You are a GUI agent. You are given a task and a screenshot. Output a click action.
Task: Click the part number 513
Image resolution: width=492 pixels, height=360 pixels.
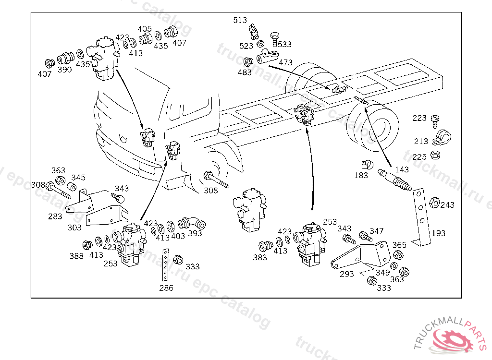240,20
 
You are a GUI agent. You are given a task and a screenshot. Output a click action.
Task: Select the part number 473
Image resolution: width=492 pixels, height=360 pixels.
285,62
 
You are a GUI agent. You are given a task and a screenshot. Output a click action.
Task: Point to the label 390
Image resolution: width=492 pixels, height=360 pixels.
64,70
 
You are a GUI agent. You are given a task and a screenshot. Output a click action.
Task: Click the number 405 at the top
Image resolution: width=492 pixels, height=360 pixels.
145,29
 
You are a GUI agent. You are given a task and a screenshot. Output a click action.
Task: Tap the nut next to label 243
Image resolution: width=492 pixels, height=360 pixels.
432,203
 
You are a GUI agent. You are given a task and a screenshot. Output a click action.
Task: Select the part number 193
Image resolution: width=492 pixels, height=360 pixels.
438,233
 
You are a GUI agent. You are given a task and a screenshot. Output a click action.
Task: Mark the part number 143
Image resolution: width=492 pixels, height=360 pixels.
402,169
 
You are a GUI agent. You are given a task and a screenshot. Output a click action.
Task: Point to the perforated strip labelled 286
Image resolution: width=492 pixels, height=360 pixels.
165,266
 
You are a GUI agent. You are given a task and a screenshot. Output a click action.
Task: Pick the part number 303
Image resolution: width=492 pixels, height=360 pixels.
74,228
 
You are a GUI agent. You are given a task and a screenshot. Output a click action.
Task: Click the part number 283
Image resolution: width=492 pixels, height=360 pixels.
55,216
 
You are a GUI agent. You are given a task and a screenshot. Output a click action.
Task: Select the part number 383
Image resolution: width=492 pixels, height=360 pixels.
260,258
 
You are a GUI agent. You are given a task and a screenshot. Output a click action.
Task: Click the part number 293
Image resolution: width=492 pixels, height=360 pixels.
346,274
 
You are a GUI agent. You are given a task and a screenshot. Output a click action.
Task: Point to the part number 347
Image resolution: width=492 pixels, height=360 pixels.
377,231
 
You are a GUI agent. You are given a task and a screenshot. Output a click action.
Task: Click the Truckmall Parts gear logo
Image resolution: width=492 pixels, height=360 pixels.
454,338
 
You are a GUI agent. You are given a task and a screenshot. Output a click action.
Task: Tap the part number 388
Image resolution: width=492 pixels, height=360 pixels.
76,256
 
